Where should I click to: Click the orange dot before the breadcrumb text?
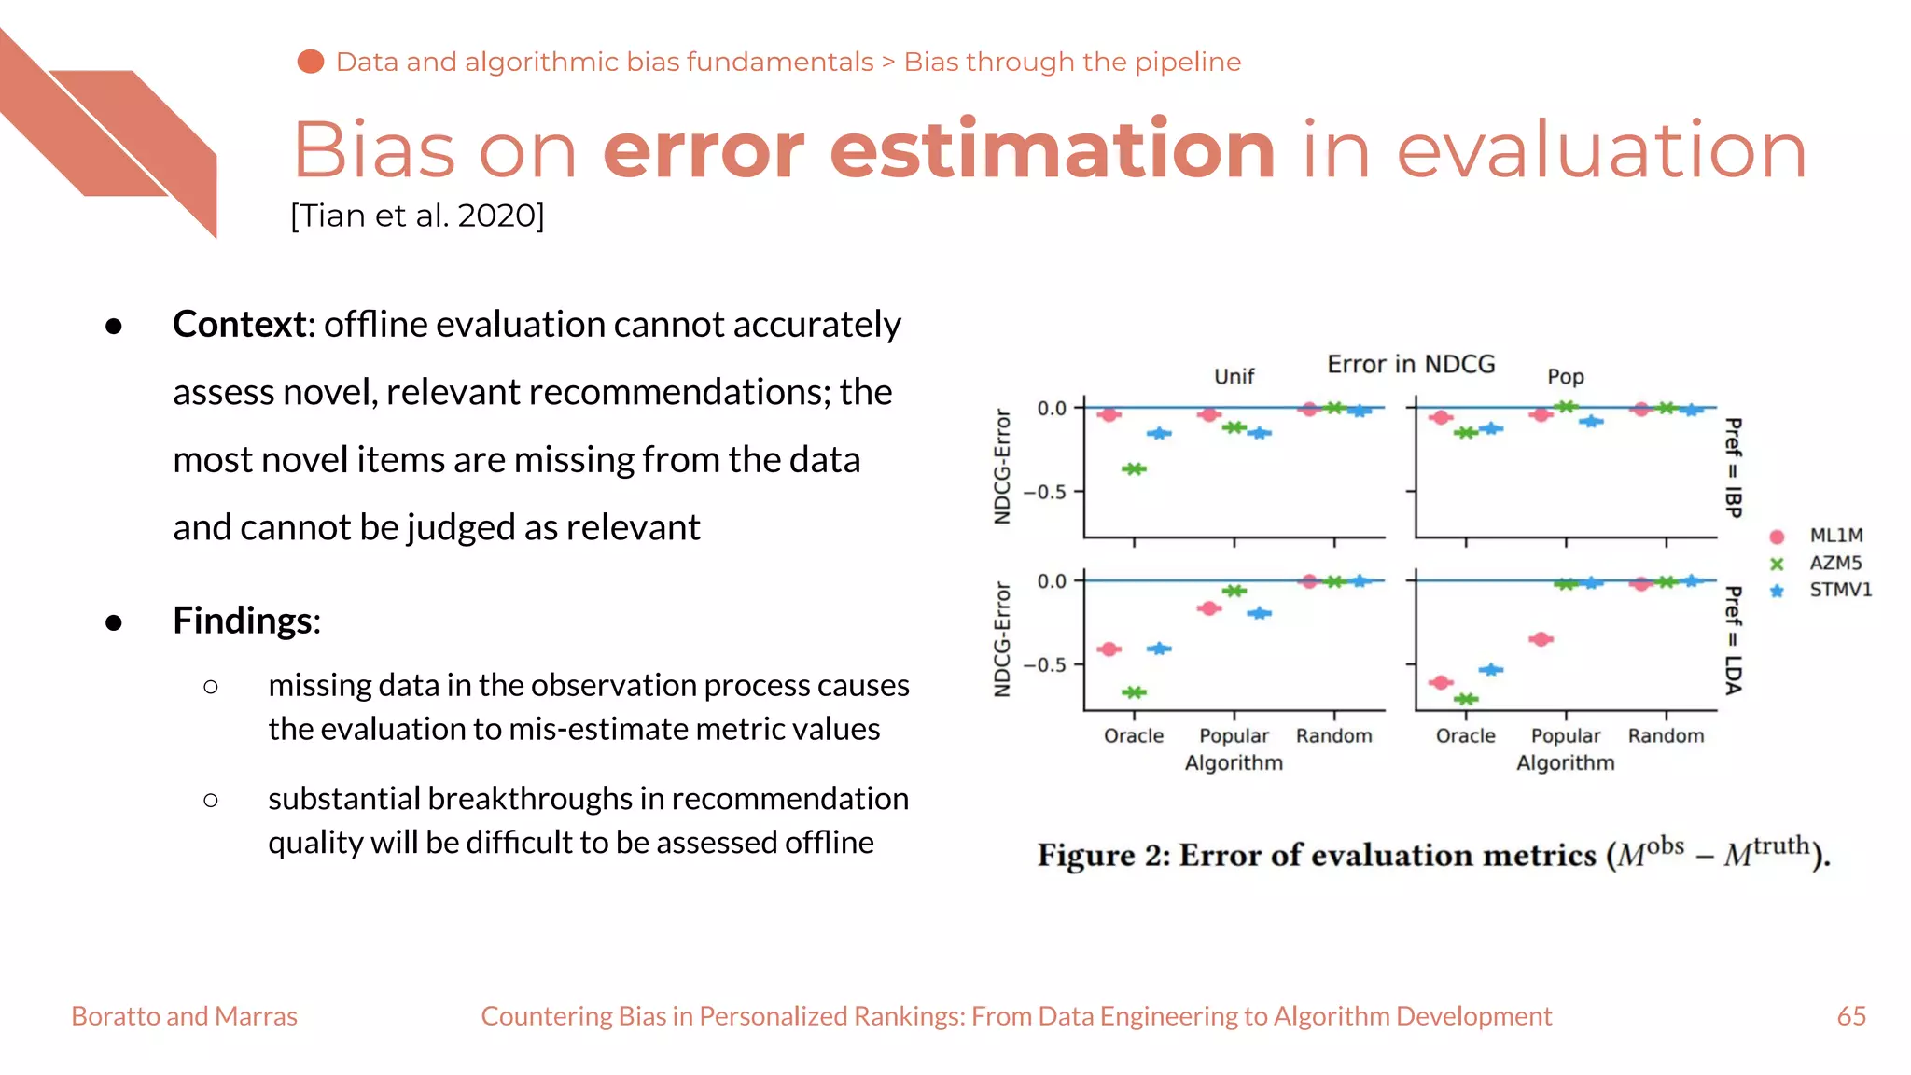(311, 62)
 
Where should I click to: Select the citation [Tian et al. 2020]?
(417, 216)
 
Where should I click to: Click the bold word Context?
(241, 325)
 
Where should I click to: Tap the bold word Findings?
(244, 621)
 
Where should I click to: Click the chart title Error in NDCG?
(1411, 364)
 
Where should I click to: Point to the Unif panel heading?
(1234, 376)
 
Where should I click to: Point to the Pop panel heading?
(1565, 377)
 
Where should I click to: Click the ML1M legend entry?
(1834, 536)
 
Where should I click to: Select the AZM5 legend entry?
(1834, 563)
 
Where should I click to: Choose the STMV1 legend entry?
(1839, 590)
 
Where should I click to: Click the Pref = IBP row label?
(1733, 468)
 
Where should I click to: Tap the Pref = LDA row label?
(1733, 640)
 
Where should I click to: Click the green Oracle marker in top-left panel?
(1134, 468)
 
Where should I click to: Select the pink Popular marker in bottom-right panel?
(1541, 639)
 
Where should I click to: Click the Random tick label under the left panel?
(1333, 735)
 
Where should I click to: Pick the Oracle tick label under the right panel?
(1465, 735)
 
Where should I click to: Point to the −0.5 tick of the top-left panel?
(1044, 492)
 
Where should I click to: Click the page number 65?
(1851, 1016)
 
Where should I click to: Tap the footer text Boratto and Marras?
(184, 1016)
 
